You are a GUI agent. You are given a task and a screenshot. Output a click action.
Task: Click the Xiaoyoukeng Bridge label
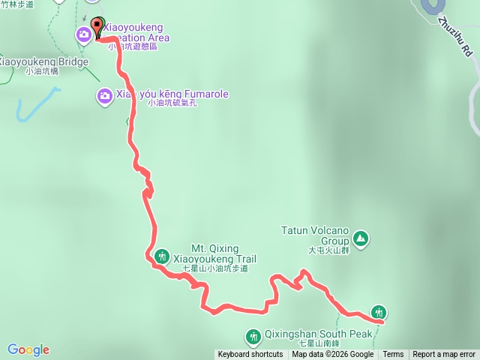[x=43, y=61]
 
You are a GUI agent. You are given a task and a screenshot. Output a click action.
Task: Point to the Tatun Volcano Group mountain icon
[x=361, y=238]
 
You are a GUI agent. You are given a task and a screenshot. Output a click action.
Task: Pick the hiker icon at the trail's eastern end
[x=379, y=312]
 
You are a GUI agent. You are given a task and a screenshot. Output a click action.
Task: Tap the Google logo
[x=28, y=349]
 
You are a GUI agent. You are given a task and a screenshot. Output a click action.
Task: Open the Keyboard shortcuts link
[x=250, y=355]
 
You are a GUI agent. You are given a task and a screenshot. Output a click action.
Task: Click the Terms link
[x=393, y=355]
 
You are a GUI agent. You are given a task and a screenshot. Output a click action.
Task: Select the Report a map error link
[x=444, y=355]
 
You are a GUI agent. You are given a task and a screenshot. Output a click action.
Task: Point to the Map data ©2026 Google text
[x=332, y=355]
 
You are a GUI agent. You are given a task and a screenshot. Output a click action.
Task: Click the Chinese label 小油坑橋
[x=42, y=72]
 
